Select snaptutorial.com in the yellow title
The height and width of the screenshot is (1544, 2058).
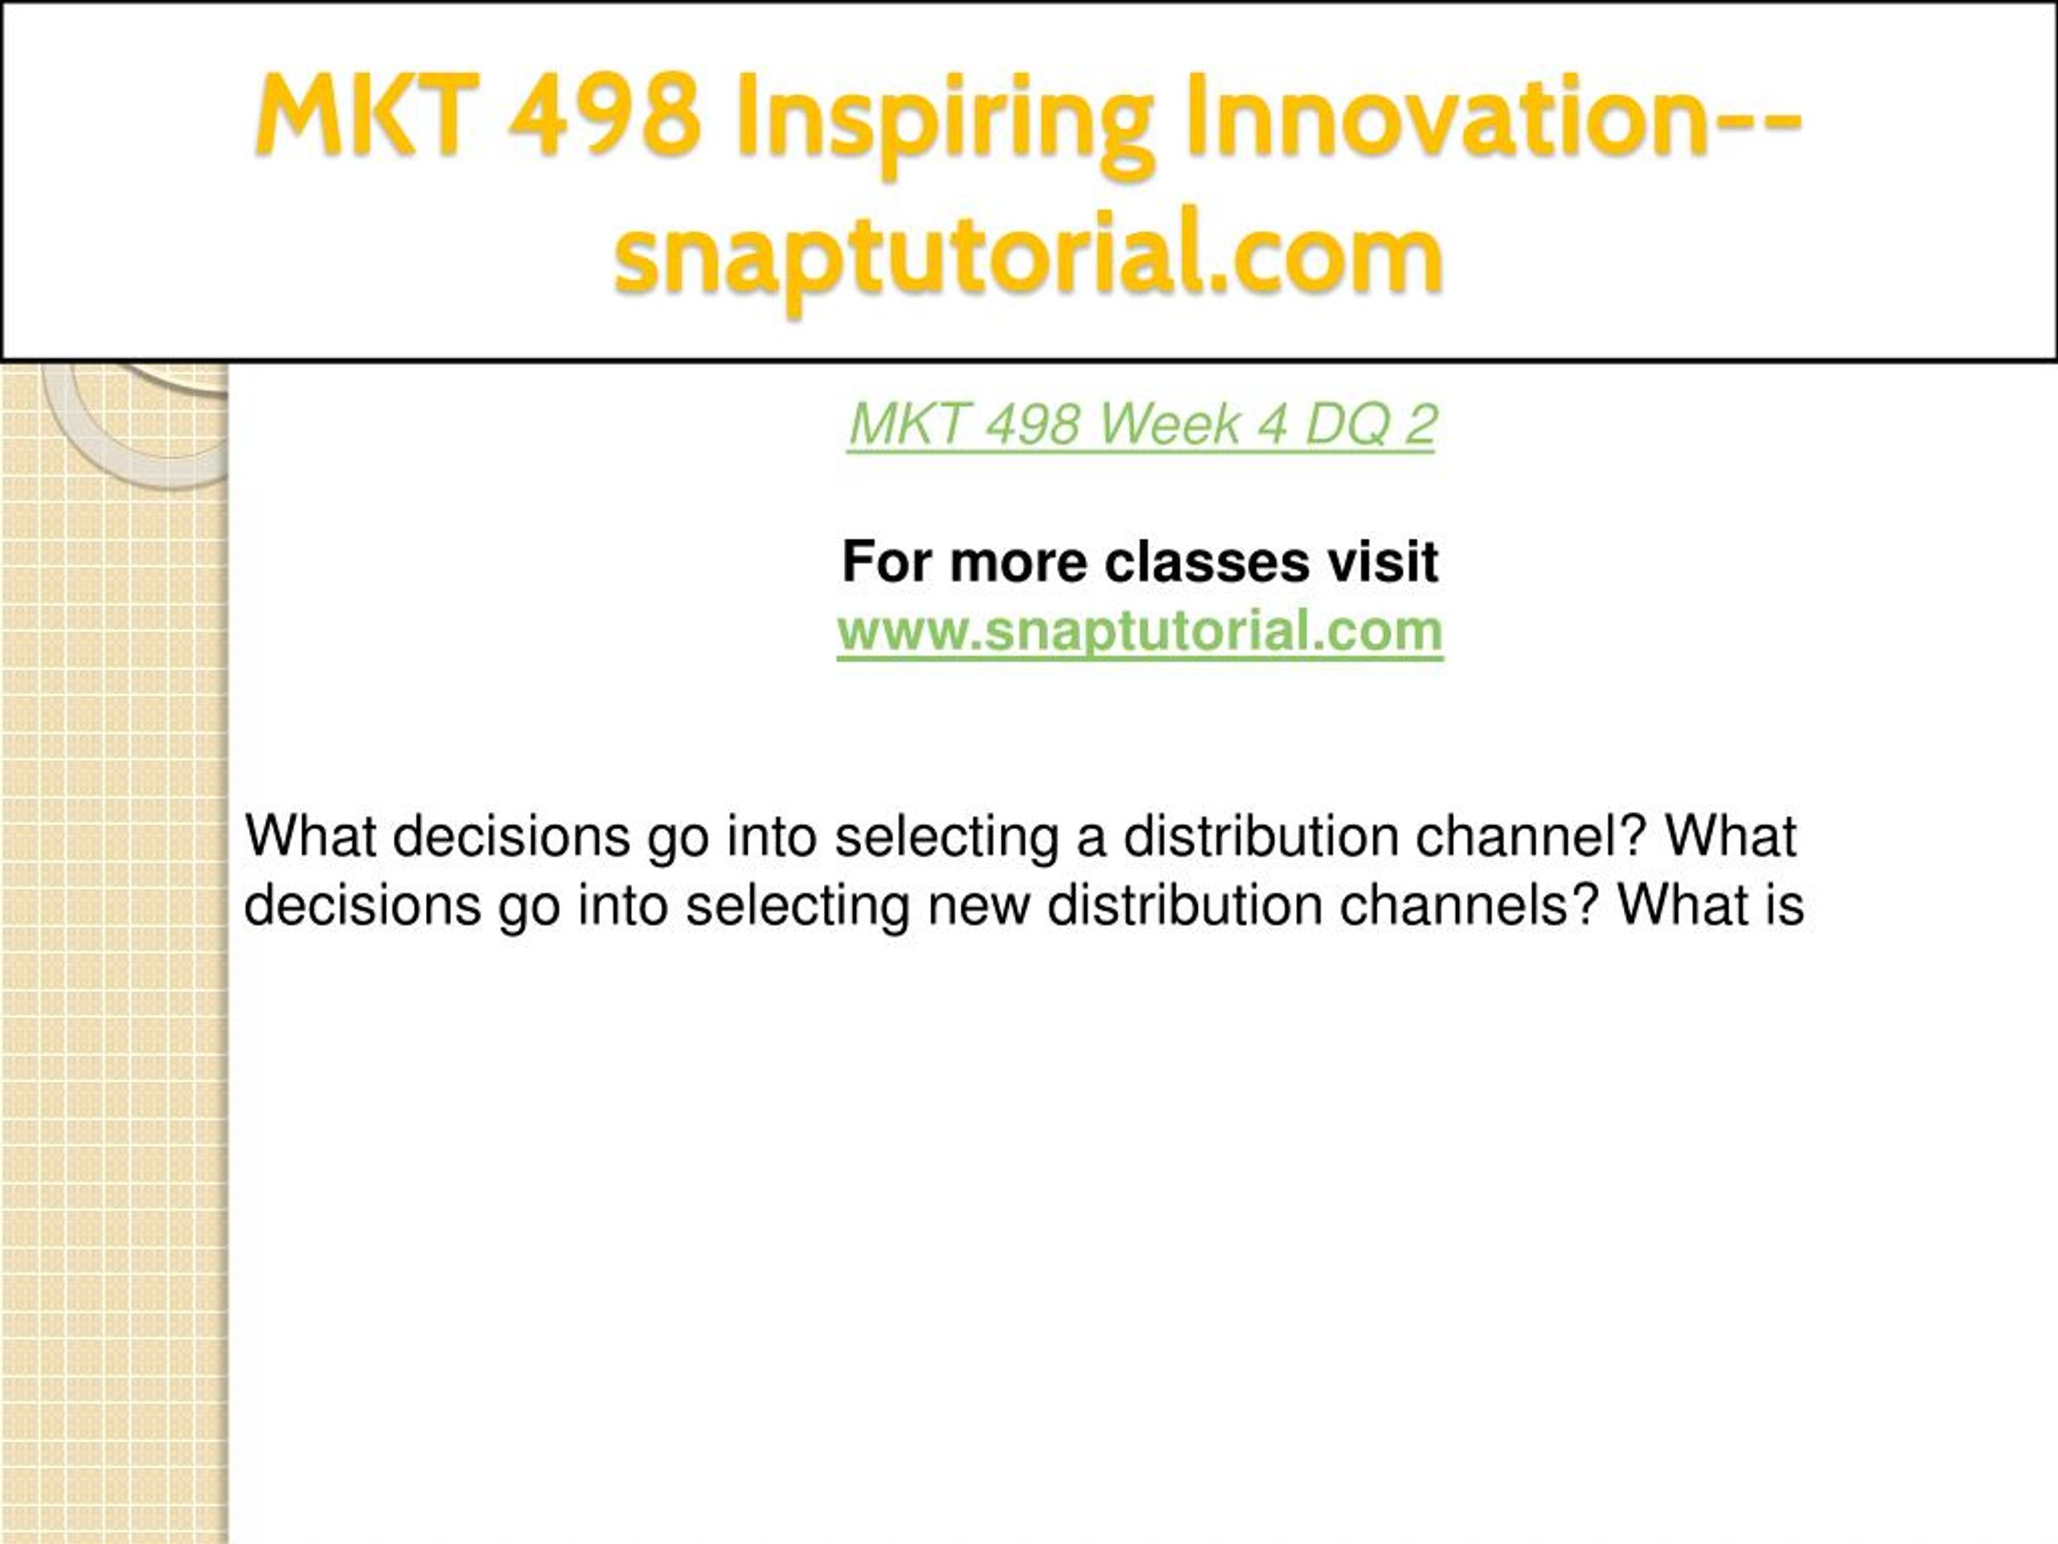[x=1028, y=255]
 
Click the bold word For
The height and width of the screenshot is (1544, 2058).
[x=888, y=562]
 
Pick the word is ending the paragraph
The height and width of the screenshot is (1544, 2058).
[x=1782, y=905]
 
